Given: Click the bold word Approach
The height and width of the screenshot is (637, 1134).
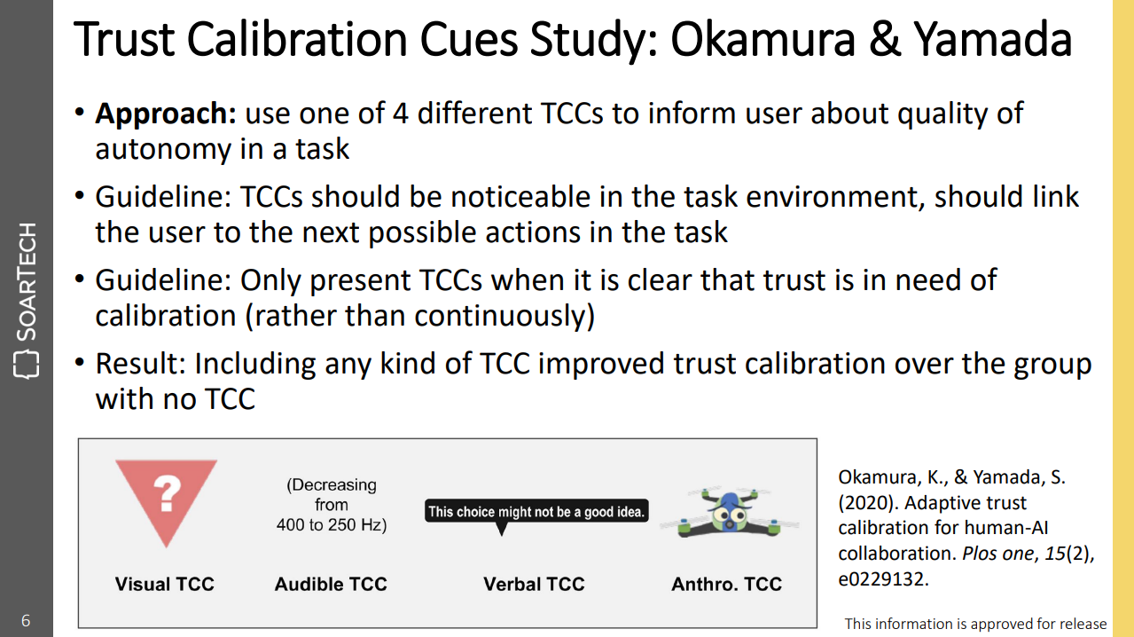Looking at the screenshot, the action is [166, 114].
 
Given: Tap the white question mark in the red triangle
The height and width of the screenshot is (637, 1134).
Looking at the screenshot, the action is [167, 493].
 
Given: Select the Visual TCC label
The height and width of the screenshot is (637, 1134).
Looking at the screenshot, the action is [165, 584].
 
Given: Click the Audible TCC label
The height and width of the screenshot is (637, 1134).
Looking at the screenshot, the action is [331, 584].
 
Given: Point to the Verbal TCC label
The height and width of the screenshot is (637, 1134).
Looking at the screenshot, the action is [534, 584].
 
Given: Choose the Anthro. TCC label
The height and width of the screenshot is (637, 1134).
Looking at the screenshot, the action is [726, 584].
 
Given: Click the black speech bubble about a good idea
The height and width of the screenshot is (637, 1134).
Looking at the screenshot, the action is [536, 512].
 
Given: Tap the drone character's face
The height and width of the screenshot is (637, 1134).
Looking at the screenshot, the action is [730, 515].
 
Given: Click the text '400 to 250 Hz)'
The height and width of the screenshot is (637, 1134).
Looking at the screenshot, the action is [332, 524].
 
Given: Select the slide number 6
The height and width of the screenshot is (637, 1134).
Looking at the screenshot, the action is [26, 620].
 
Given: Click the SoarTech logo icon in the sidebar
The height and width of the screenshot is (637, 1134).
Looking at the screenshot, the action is [26, 364].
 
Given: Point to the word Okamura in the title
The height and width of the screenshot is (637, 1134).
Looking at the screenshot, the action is [763, 40].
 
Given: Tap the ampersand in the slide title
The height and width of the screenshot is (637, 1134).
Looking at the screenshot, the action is [885, 40].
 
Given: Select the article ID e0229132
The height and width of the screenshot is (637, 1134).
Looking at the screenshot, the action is [883, 578].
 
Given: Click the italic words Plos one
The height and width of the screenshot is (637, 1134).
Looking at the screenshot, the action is [997, 554].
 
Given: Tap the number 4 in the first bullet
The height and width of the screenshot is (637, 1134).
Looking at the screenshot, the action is [400, 114].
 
